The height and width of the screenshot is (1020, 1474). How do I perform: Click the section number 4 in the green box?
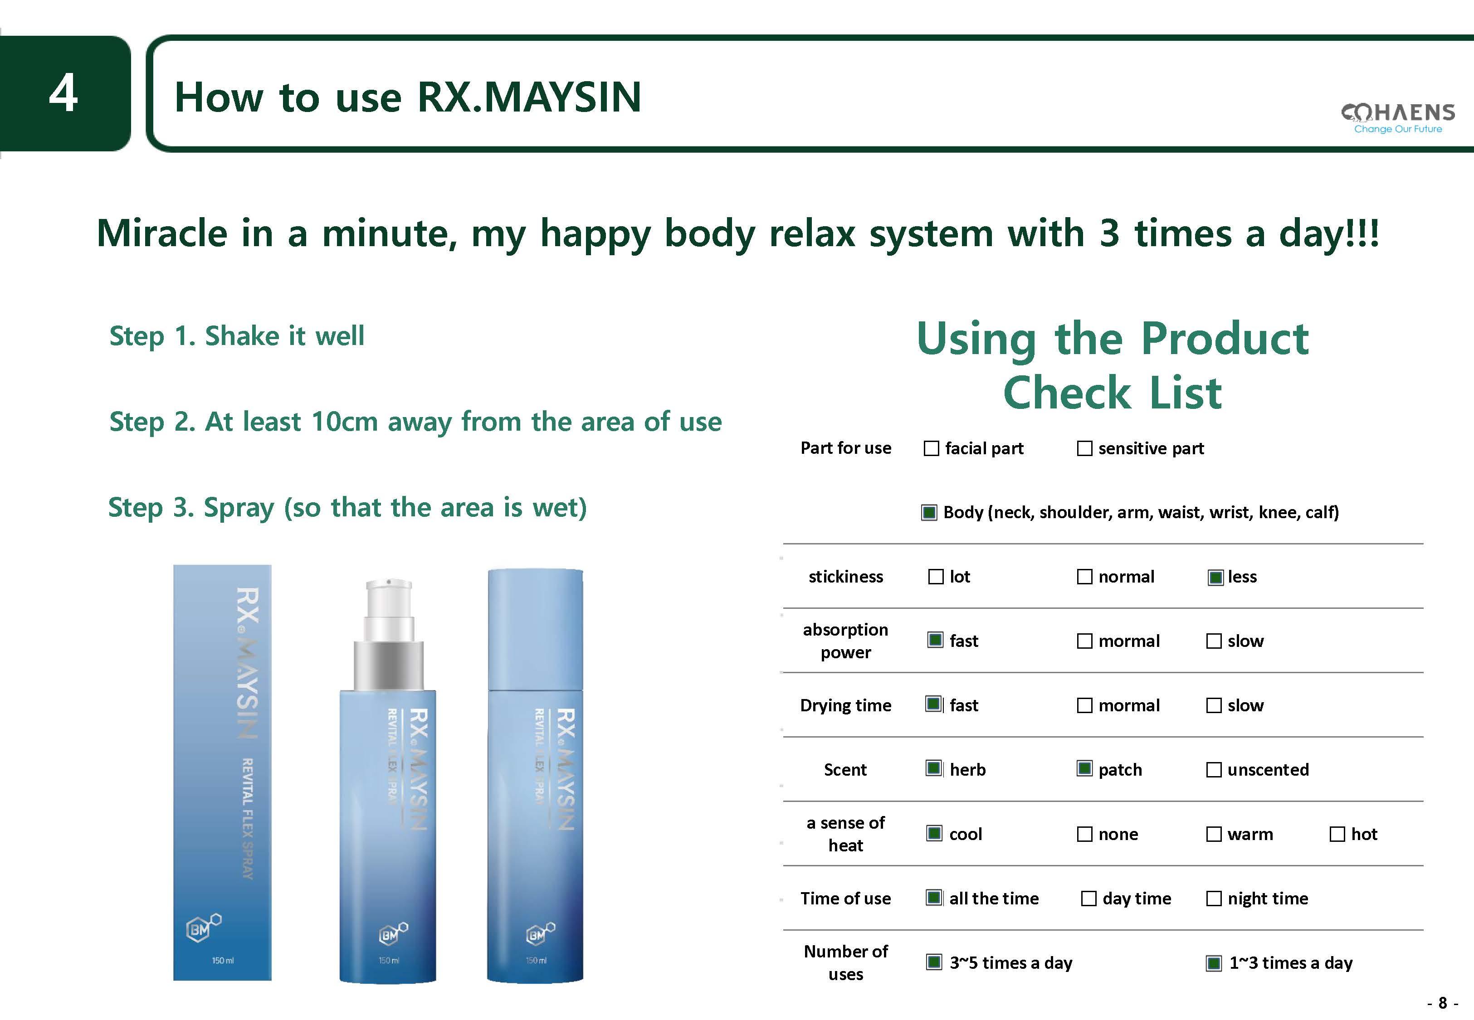click(x=63, y=93)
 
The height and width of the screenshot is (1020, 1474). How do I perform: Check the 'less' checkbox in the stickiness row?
click(x=1215, y=577)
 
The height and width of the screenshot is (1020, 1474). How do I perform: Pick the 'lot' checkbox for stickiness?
click(x=936, y=577)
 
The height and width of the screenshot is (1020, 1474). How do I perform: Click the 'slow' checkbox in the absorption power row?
click(x=1214, y=641)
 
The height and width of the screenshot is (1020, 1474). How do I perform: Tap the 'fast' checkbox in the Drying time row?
click(x=934, y=704)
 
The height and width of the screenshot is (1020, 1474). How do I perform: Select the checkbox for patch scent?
click(x=1085, y=768)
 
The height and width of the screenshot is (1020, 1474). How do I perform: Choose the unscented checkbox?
click(x=1214, y=769)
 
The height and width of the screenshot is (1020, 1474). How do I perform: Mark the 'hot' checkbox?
click(x=1337, y=834)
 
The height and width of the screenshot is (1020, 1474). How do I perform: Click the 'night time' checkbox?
click(x=1214, y=899)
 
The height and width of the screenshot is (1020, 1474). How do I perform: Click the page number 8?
click(x=1442, y=1003)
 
